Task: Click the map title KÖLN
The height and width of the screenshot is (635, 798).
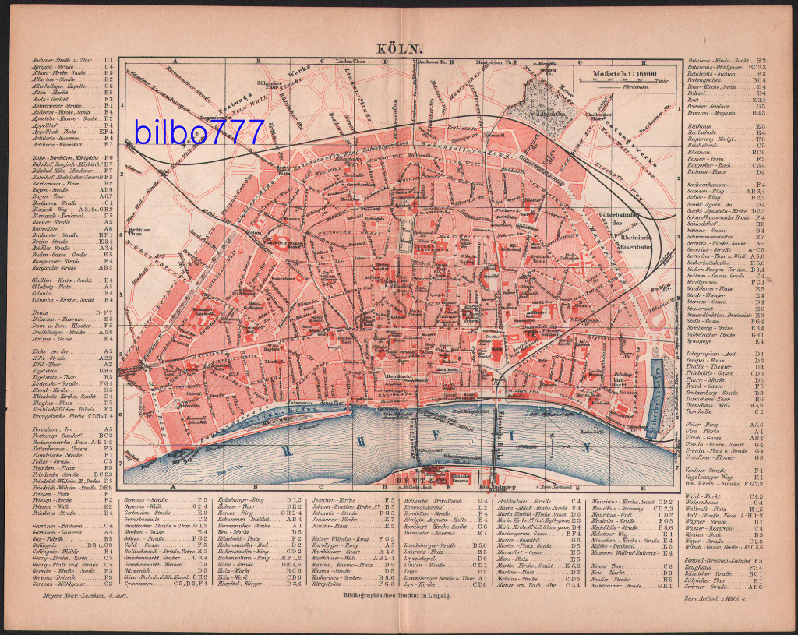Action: coord(398,48)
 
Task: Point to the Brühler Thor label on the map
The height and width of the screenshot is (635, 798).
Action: coord(139,231)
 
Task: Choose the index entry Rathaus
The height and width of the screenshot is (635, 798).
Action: coord(700,125)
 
